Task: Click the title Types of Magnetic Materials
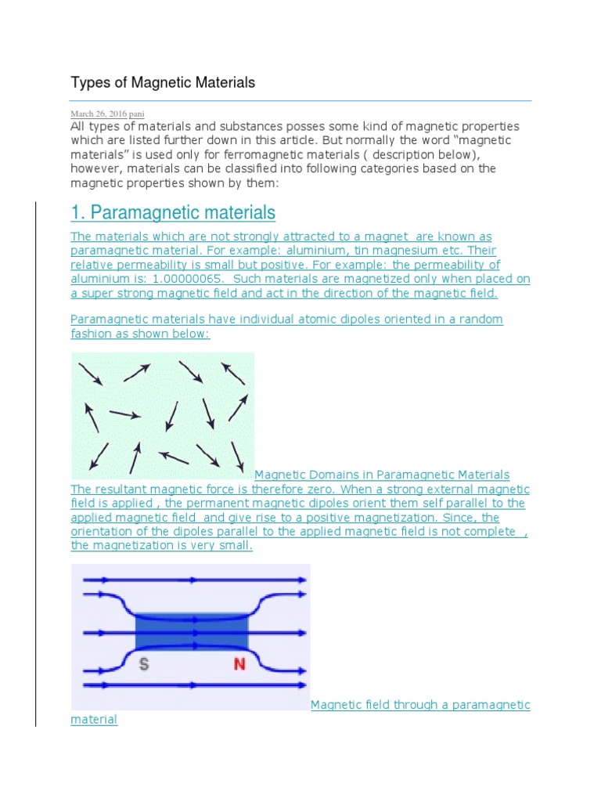(163, 82)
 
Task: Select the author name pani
(136, 114)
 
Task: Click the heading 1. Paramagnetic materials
(173, 212)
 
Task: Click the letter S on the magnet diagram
(144, 664)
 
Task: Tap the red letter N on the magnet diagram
(240, 664)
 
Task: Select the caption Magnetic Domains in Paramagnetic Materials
(382, 475)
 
